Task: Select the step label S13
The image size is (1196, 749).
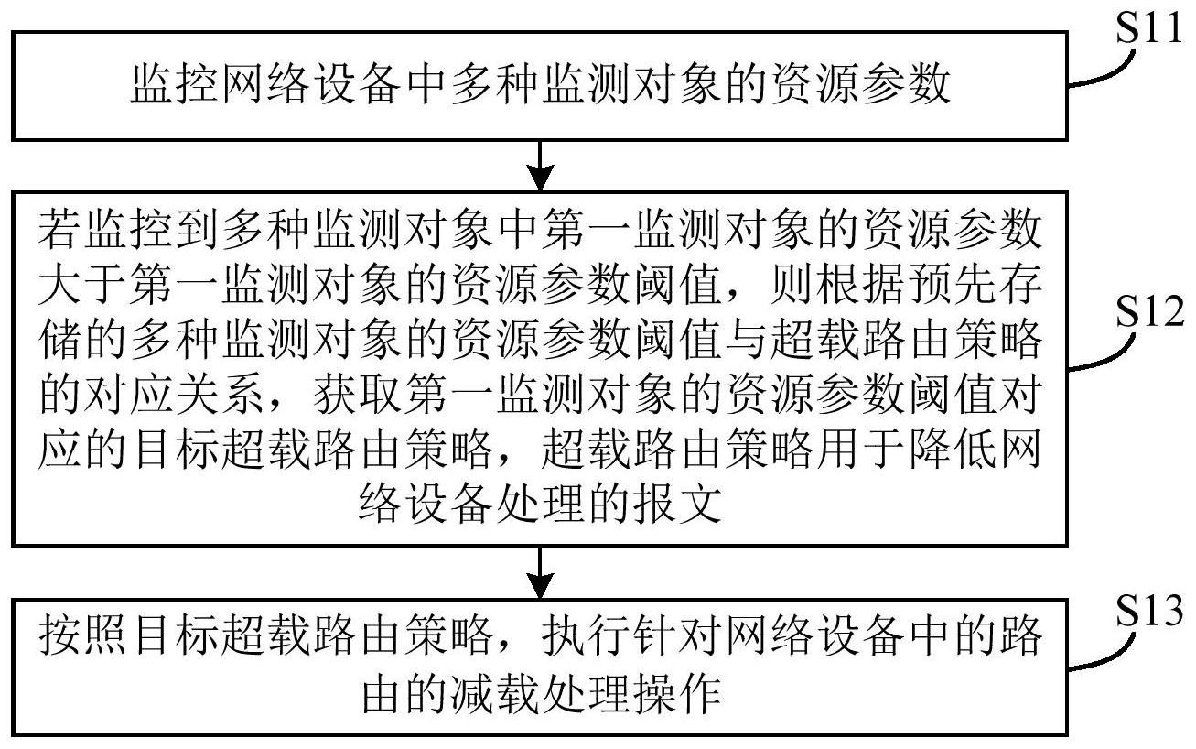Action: tap(1149, 608)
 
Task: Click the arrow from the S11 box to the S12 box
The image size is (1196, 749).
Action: tap(543, 165)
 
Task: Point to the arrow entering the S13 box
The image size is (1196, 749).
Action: tap(543, 573)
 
